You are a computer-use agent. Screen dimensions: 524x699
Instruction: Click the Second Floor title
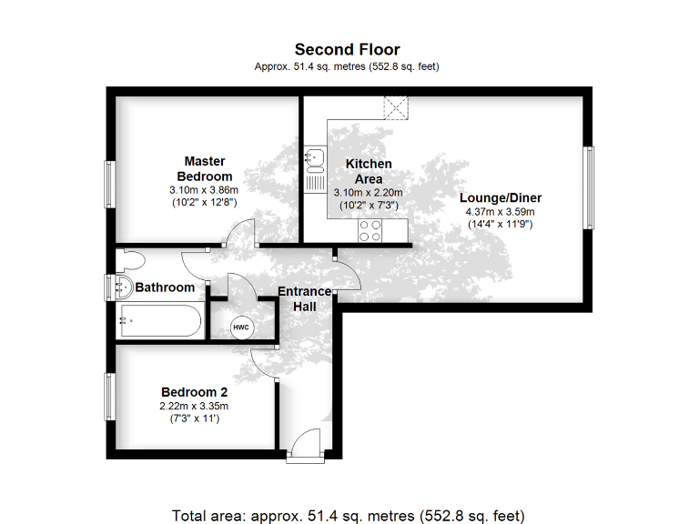(348, 50)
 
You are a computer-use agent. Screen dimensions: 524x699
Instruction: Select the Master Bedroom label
(205, 168)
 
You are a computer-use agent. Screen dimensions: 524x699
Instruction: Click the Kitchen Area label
(369, 171)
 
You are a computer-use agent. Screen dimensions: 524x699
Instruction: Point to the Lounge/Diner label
(500, 197)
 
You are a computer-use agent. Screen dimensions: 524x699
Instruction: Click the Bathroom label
(165, 287)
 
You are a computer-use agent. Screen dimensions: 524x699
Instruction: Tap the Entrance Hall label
(304, 299)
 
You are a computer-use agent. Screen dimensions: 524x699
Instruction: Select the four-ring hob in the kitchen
(370, 231)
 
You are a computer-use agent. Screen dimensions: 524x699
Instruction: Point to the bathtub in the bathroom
(161, 320)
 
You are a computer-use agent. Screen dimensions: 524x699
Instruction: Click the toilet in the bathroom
(131, 259)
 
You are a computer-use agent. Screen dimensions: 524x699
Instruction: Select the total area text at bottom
(349, 514)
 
